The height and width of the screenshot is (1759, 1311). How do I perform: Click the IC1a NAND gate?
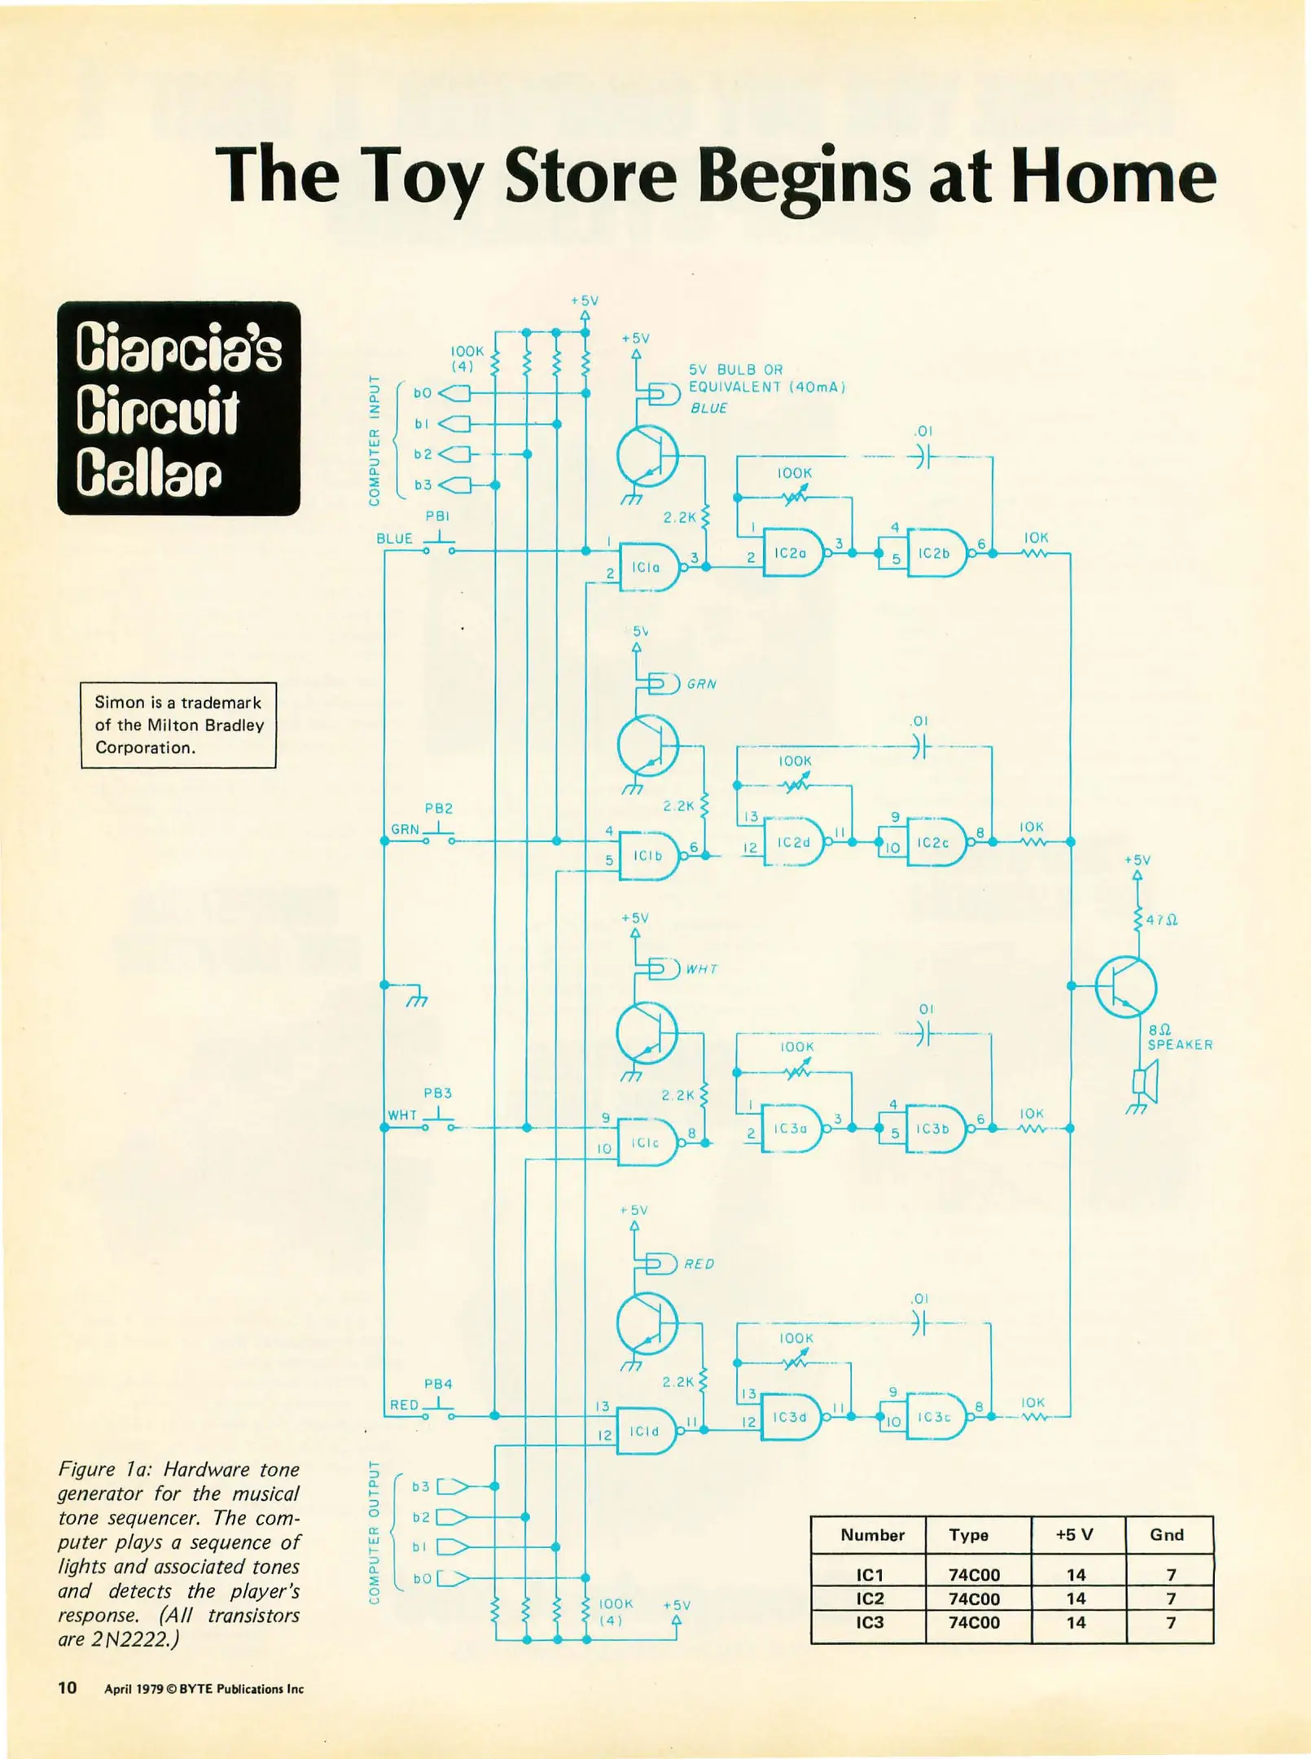pyautogui.click(x=649, y=568)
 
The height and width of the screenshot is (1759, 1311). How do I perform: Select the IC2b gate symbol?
pyautogui.click(x=936, y=554)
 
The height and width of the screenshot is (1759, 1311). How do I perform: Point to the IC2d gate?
pyautogui.click(x=793, y=842)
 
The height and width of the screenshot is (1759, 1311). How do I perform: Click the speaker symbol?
pyautogui.click(x=1146, y=1081)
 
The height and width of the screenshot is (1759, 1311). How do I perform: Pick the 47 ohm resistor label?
pyautogui.click(x=1162, y=920)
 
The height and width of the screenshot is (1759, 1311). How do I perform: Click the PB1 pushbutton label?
pyautogui.click(x=437, y=516)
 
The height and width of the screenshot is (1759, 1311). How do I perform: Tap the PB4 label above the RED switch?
pyautogui.click(x=438, y=1384)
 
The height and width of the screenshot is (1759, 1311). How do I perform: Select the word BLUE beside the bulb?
pyautogui.click(x=708, y=408)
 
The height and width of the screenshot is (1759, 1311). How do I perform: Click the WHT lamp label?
pyautogui.click(x=701, y=969)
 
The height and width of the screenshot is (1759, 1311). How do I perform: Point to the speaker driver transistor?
pyautogui.click(x=1125, y=986)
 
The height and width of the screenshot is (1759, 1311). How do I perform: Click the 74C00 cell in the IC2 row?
pyautogui.click(x=974, y=1599)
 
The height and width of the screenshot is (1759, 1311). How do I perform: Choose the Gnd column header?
pyautogui.click(x=1166, y=1535)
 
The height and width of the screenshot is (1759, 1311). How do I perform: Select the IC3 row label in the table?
pyautogui.click(x=870, y=1622)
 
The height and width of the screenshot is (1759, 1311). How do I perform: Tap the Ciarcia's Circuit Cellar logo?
pyautogui.click(x=179, y=409)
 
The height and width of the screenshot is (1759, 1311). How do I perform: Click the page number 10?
pyautogui.click(x=68, y=1687)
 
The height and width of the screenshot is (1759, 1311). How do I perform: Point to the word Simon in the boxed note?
pyautogui.click(x=119, y=702)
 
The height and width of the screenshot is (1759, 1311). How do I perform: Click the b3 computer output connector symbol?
pyautogui.click(x=453, y=1486)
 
